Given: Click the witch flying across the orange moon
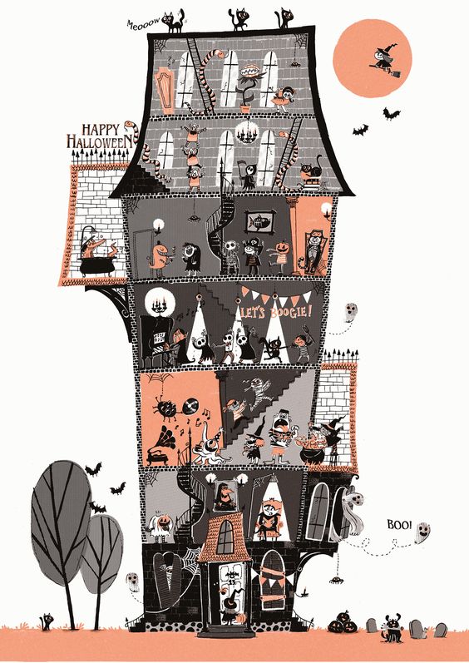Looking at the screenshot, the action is pos(384,62).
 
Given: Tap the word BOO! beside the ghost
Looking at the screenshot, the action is pos(399,525).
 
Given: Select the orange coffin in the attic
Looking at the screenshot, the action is pos(164,91).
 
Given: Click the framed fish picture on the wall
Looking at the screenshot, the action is pos(259,221).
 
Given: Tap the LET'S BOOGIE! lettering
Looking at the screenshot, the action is pos(277,312).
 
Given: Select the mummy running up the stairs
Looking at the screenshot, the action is pos(259,393).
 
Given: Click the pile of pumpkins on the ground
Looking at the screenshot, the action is pos(343,622).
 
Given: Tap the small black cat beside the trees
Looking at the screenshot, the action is pos(47,621).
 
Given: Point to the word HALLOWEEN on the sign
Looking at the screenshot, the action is pos(99,141).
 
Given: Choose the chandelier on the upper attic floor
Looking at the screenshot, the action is pos(247,132).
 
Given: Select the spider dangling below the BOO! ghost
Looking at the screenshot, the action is pos(336,580).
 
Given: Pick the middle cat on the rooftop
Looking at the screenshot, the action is pos(239,19).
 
